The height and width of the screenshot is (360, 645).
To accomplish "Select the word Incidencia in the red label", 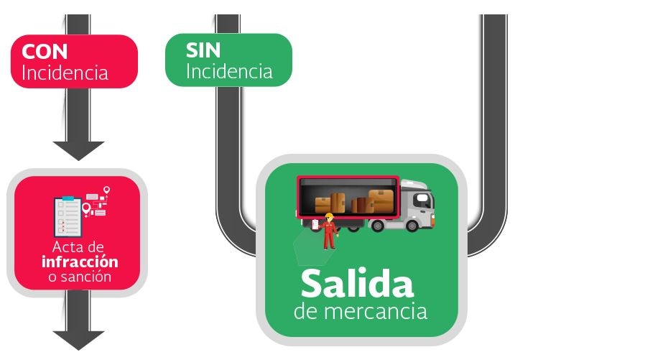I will pyautogui.click(x=65, y=73).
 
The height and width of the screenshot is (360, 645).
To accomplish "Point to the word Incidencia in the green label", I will pyautogui.click(x=229, y=71).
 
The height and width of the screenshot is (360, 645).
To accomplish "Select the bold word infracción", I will pyautogui.click(x=80, y=262).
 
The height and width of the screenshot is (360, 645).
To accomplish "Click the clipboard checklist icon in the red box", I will pyautogui.click(x=69, y=216).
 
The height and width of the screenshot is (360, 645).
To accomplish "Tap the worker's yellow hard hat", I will pyautogui.click(x=329, y=215).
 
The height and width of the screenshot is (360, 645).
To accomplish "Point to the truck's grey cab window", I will pyautogui.click(x=422, y=200).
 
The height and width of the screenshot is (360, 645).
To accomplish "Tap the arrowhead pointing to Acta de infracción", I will pyautogui.click(x=78, y=150).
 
